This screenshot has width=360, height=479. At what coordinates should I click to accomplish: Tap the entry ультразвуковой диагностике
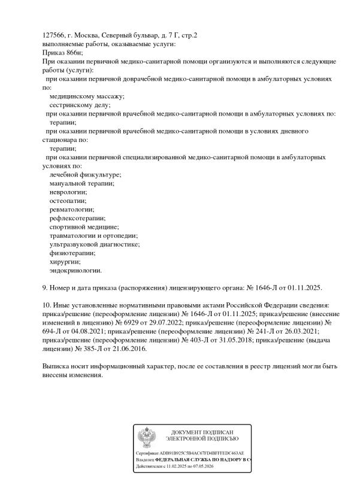[95, 244]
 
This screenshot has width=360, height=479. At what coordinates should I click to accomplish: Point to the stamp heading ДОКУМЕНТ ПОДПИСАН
[202, 432]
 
